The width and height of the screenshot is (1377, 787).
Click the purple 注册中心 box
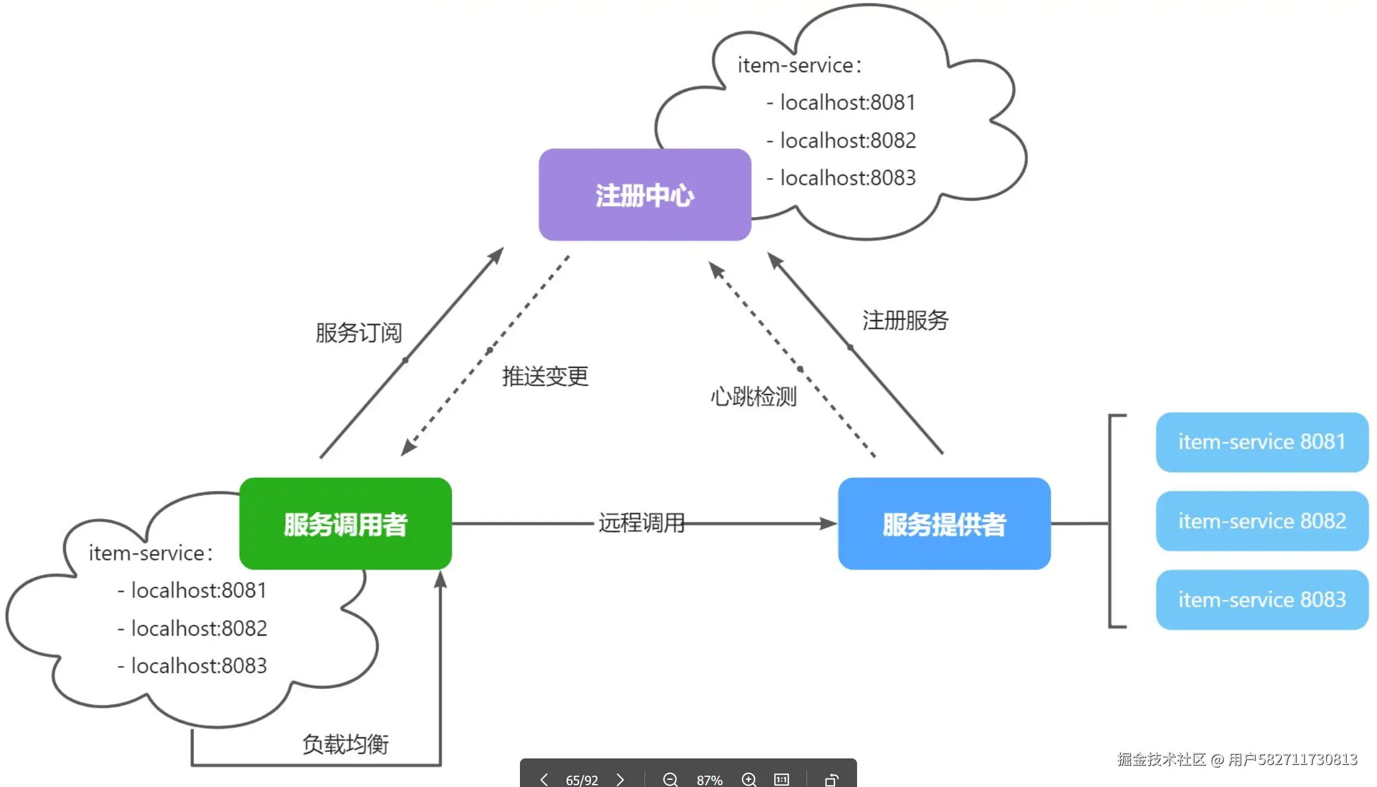[644, 195]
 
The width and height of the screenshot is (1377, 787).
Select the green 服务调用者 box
[345, 524]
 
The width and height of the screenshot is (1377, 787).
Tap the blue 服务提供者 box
[944, 524]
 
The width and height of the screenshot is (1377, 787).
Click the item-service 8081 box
[1262, 442]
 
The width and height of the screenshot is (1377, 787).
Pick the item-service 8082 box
[1262, 521]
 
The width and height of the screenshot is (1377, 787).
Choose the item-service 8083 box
[1262, 600]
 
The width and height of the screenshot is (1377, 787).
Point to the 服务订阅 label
[359, 332]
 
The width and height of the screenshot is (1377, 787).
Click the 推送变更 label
[545, 377]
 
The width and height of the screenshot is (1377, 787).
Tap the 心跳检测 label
[753, 396]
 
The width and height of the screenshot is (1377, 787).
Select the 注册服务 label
[905, 321]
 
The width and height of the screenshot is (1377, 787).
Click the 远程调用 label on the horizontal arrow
[641, 523]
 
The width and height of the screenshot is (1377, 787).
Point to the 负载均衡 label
[345, 744]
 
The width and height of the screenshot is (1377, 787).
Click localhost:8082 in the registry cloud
[848, 141]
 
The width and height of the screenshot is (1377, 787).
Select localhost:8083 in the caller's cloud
[199, 666]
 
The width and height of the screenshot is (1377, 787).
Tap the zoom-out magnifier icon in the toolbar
[670, 779]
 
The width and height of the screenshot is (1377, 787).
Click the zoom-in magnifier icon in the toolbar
[749, 779]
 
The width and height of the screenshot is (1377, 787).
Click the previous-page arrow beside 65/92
[544, 779]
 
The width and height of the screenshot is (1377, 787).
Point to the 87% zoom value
[709, 780]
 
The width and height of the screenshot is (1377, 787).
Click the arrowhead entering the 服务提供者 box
[829, 524]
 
